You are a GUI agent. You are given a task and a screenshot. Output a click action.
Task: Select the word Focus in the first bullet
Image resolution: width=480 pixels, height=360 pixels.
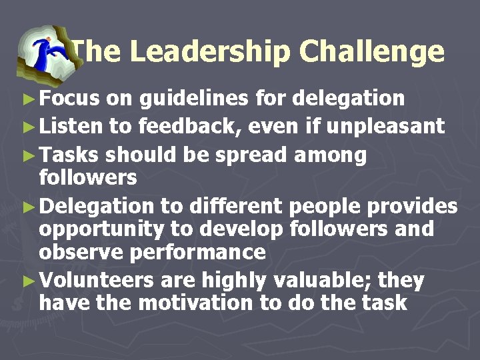click(x=70, y=99)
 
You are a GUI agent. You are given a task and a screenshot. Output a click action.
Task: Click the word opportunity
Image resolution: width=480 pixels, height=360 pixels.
click(x=101, y=230)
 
